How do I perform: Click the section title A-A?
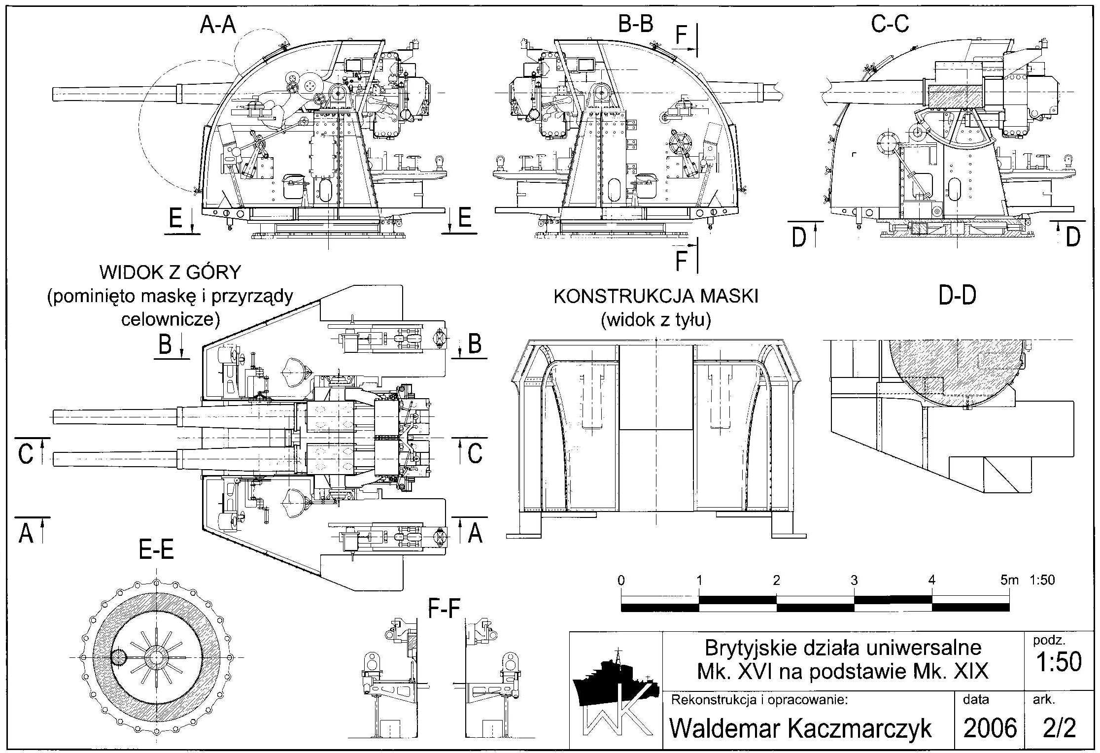[218, 25]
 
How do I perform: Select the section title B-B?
[635, 24]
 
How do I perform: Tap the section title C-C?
[890, 24]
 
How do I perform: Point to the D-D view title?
[957, 295]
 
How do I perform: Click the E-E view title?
[156, 549]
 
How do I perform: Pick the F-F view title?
[444, 610]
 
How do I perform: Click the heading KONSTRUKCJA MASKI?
[656, 296]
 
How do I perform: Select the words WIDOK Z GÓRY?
[170, 272]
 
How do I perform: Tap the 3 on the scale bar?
[854, 580]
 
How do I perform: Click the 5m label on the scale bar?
[1009, 580]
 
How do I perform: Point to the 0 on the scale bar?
[621, 580]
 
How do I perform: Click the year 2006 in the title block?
[990, 727]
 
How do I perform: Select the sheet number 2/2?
[1059, 727]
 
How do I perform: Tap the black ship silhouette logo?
[611, 680]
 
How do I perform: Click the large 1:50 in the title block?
[1059, 662]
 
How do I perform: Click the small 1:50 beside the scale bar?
[1042, 580]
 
